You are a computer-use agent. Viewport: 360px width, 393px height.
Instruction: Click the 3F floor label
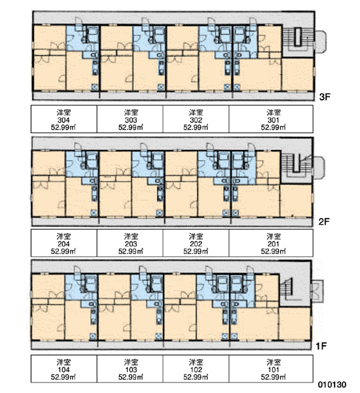(x=325, y=97)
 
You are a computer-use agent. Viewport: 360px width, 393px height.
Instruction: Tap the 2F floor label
(x=324, y=221)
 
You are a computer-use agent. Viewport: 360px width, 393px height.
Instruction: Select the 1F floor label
(x=321, y=346)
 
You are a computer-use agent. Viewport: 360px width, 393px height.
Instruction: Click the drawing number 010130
(x=333, y=384)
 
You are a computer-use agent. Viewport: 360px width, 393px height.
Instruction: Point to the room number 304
(x=63, y=120)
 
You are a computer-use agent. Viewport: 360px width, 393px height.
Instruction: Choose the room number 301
(x=274, y=120)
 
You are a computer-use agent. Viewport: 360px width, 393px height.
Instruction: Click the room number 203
(x=131, y=244)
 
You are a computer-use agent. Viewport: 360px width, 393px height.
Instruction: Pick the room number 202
(x=196, y=244)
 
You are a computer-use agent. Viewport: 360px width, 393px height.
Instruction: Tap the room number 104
(x=63, y=369)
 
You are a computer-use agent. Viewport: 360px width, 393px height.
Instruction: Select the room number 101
(x=274, y=369)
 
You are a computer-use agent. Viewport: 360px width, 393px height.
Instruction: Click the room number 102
(x=196, y=369)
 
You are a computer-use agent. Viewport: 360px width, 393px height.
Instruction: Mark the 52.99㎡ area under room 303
(x=131, y=127)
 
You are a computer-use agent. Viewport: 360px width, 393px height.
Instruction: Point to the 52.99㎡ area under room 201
(x=274, y=251)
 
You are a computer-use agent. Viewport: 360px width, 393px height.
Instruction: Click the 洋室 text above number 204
(x=63, y=236)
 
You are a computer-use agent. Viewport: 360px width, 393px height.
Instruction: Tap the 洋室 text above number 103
(x=131, y=362)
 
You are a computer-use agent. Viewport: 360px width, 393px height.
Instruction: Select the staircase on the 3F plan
(x=297, y=38)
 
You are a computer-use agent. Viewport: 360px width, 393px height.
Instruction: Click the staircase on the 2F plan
(x=296, y=164)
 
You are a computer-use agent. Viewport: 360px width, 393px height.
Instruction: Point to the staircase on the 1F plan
(x=288, y=288)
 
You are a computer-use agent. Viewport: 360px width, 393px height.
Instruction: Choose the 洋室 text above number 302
(x=196, y=113)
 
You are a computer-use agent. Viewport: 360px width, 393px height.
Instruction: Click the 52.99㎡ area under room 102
(x=196, y=377)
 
